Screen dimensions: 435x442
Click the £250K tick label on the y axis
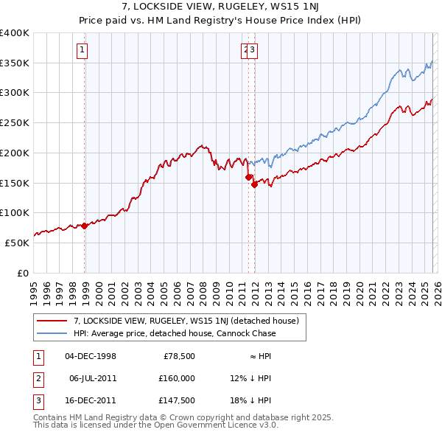tap(15, 123)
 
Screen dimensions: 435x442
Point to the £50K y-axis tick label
tap(17, 243)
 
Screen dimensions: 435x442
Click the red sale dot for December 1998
tap(85, 226)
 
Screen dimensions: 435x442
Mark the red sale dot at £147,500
tap(254, 184)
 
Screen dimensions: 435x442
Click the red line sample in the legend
tap(52, 321)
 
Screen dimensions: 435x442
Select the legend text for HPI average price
tap(174, 333)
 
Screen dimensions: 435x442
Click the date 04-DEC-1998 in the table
tap(91, 356)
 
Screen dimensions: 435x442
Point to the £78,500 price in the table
tap(178, 356)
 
